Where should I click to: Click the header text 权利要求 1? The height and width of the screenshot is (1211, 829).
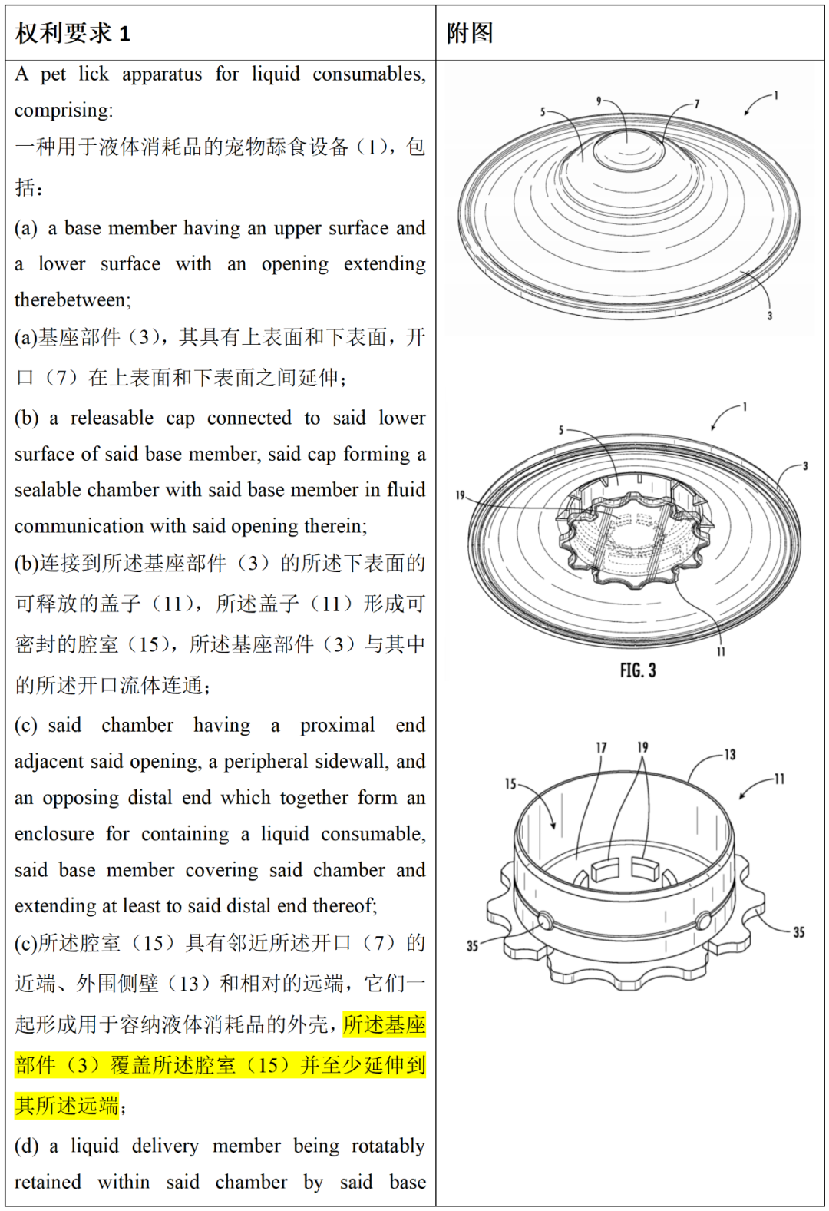pyautogui.click(x=73, y=33)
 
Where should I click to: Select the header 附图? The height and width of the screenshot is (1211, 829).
pyautogui.click(x=470, y=33)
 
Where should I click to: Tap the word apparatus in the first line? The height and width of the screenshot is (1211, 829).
pyautogui.click(x=162, y=74)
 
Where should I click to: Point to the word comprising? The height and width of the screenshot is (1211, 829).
pyautogui.click(x=64, y=111)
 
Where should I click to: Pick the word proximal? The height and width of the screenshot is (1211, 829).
pyautogui.click(x=337, y=726)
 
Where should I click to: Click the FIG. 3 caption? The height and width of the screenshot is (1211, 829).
pyautogui.click(x=638, y=670)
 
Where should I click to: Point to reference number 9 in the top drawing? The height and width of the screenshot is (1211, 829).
pyautogui.click(x=599, y=101)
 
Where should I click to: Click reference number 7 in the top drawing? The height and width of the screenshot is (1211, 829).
pyautogui.click(x=697, y=104)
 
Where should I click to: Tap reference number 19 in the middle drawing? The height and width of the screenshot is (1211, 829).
pyautogui.click(x=460, y=495)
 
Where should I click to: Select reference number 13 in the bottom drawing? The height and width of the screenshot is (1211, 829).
pyautogui.click(x=729, y=755)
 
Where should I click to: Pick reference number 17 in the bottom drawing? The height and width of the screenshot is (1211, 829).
pyautogui.click(x=601, y=747)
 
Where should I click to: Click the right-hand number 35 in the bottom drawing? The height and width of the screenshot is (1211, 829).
pyautogui.click(x=798, y=932)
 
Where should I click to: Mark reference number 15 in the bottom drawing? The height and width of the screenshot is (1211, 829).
pyautogui.click(x=510, y=784)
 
